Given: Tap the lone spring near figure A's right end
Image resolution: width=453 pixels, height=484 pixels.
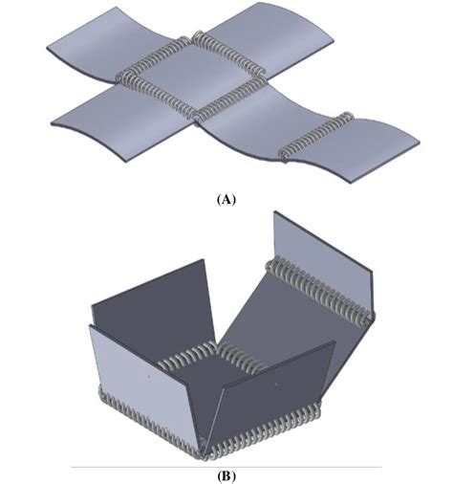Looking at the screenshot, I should point(317,134).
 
